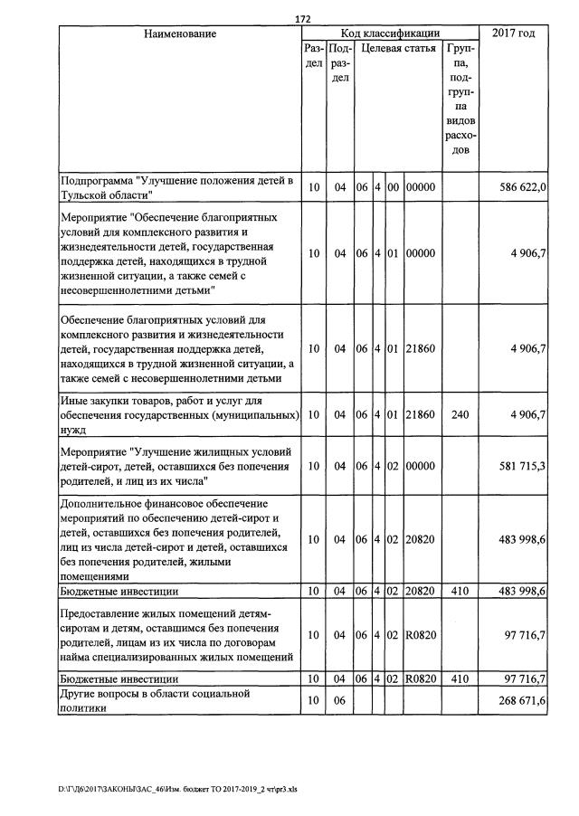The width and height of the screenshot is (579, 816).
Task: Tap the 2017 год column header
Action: coord(513,33)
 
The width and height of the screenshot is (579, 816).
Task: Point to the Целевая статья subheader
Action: coord(398,48)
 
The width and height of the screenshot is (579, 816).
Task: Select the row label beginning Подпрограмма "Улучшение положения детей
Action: coord(177,187)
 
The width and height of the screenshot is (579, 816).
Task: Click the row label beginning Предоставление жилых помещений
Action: coord(172,635)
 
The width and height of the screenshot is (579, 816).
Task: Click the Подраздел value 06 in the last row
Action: coord(340,701)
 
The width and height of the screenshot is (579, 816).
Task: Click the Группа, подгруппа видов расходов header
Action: coord(461,99)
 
